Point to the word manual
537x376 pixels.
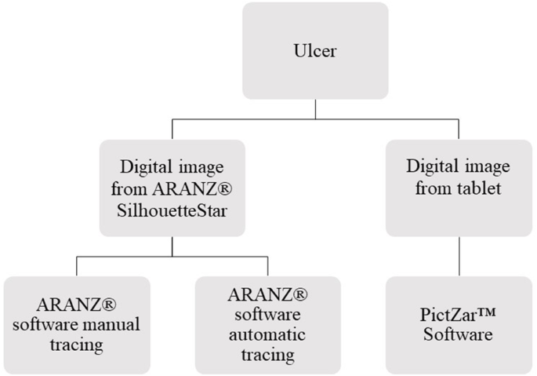click(x=118, y=323)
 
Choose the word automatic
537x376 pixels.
click(x=267, y=334)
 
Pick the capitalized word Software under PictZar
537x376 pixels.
click(x=459, y=334)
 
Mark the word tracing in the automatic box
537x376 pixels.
click(x=267, y=355)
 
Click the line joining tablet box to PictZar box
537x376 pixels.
click(x=459, y=255)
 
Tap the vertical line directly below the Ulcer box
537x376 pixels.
click(x=317, y=108)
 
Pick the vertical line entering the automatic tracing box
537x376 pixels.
click(x=268, y=265)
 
